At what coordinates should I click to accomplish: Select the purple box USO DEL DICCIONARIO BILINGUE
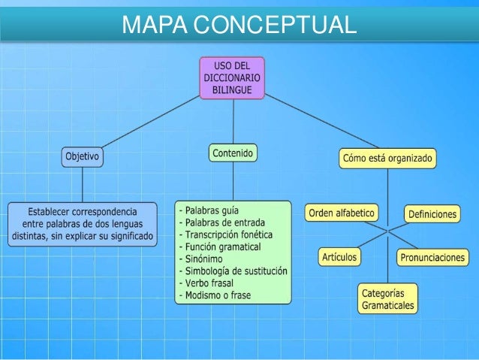(x=233, y=77)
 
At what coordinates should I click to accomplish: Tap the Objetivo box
(x=82, y=157)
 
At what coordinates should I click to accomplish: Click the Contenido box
(x=232, y=153)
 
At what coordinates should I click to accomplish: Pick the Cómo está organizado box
(x=388, y=159)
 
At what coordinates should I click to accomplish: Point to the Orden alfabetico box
(x=342, y=213)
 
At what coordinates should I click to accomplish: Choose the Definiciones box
(x=432, y=214)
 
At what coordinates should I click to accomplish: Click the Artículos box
(x=339, y=257)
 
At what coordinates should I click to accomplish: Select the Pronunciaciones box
(x=432, y=258)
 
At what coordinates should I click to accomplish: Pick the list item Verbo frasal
(x=212, y=283)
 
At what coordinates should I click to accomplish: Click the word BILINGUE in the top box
(x=233, y=89)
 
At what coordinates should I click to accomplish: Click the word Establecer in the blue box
(x=53, y=212)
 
